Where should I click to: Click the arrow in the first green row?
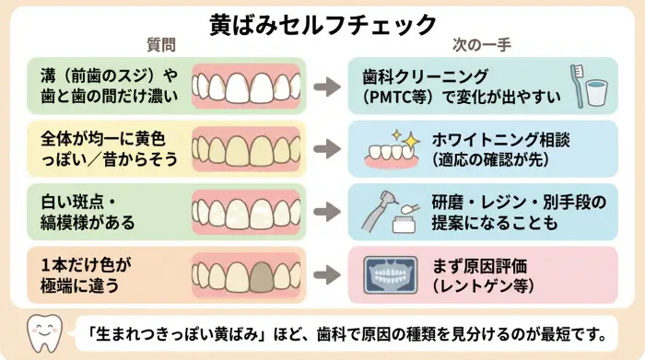[x=324, y=86]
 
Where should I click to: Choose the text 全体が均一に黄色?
[x=101, y=139]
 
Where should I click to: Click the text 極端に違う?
[x=80, y=285]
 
